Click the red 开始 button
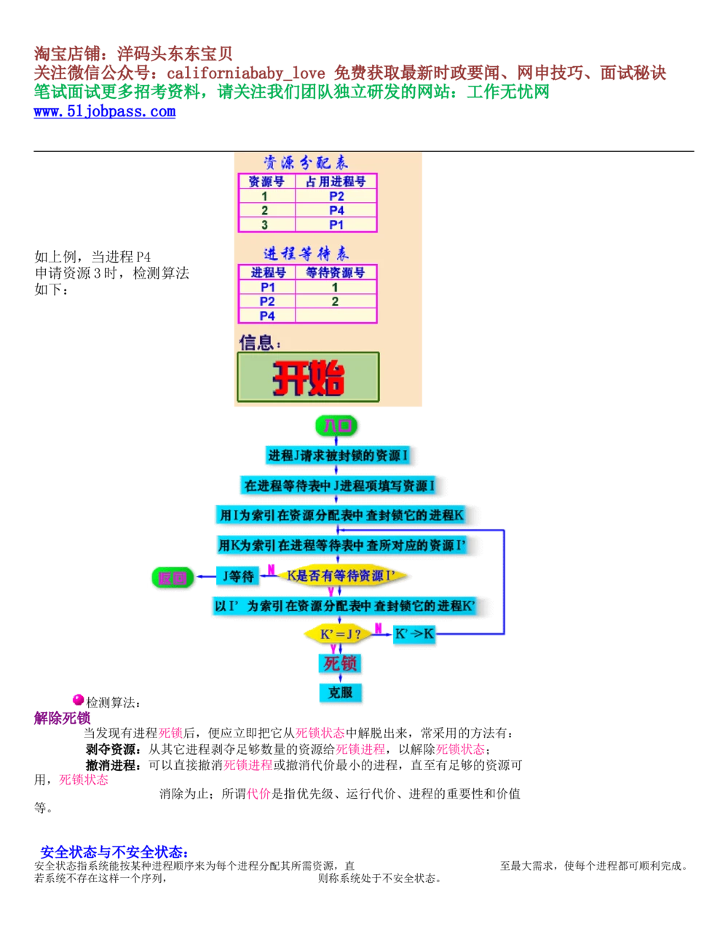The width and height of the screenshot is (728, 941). click(x=308, y=377)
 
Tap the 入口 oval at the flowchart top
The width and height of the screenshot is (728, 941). click(x=336, y=426)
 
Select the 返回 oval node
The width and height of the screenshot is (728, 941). click(x=173, y=578)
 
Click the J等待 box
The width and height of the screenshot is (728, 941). click(x=238, y=577)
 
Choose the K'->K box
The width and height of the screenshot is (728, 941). click(x=414, y=634)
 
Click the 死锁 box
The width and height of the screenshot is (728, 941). click(x=340, y=663)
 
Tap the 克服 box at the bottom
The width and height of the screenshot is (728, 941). click(x=340, y=692)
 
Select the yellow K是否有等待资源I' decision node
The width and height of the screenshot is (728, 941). click(x=341, y=576)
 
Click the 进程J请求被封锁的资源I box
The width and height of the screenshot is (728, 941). click(x=338, y=456)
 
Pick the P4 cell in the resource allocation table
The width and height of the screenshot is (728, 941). click(x=336, y=211)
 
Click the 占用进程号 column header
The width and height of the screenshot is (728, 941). click(x=336, y=182)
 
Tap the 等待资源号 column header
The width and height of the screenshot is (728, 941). click(x=335, y=273)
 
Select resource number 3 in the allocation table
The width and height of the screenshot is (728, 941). click(x=265, y=225)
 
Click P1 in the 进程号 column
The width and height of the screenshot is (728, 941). click(x=267, y=287)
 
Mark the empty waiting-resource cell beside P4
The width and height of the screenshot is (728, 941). click(x=335, y=316)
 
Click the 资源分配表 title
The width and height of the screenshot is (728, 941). click(x=306, y=163)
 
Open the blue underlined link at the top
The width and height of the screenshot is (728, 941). click(x=105, y=113)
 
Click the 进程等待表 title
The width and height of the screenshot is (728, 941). click(x=306, y=254)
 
